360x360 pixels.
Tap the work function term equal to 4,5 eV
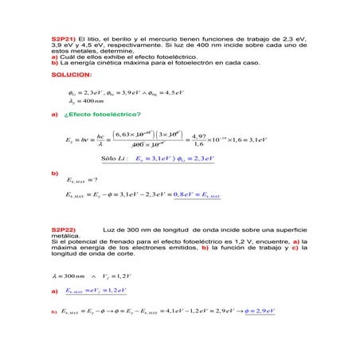(x=177, y=92)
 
